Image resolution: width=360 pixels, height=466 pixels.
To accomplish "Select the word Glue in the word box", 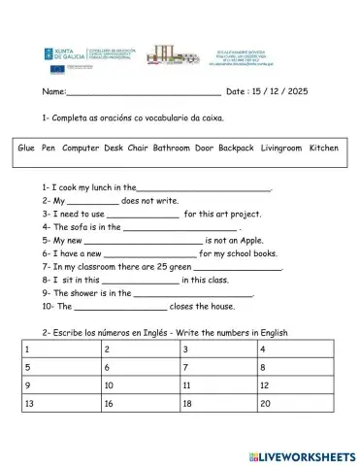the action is [27, 149].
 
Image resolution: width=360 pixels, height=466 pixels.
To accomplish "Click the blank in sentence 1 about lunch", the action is [204, 189].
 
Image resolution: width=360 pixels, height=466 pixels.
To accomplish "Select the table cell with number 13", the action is [58, 403].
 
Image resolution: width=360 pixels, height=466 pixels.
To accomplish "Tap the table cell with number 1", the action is [58, 349].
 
